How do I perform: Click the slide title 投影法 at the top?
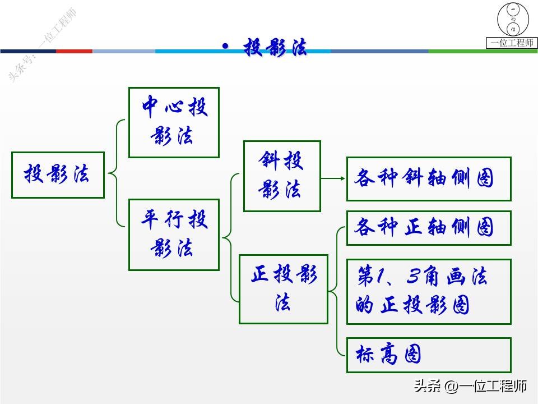[275, 48]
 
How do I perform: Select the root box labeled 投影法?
[58, 175]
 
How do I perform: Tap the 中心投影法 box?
[174, 122]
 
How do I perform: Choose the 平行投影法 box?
[174, 235]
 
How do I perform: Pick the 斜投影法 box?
[282, 176]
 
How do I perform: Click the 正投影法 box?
[283, 289]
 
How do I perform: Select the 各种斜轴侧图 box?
[429, 179]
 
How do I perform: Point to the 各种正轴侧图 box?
[429, 228]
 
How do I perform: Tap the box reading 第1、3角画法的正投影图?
[429, 291]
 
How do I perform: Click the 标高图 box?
[429, 355]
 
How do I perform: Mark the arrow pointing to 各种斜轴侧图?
[333, 179]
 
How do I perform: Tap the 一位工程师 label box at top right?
[512, 43]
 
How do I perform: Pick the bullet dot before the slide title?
[225, 47]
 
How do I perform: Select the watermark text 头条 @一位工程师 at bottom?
[470, 386]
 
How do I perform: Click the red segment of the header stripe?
[74, 51]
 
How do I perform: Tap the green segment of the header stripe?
[482, 51]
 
